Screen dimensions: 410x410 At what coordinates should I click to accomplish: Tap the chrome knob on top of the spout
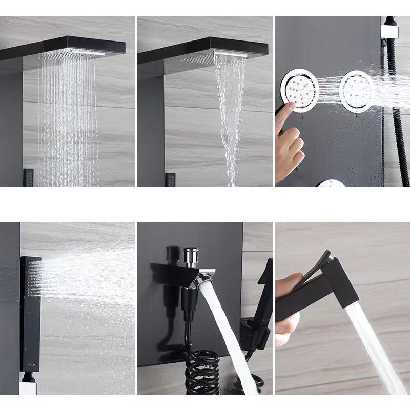(x=191, y=256)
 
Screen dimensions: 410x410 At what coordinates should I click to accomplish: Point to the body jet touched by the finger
(x=300, y=91)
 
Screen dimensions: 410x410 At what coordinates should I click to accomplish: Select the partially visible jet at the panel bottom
(x=331, y=183)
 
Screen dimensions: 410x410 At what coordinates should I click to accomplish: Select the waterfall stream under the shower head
(x=230, y=113)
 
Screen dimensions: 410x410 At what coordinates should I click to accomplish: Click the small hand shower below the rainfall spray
(x=28, y=177)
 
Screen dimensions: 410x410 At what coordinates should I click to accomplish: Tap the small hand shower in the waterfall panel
(x=170, y=179)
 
